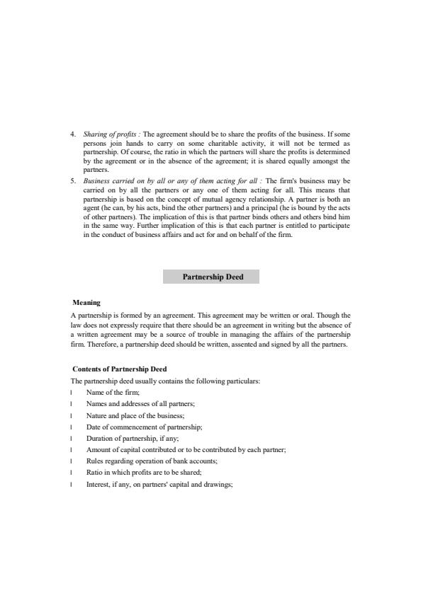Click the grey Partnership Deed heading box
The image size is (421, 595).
tap(211, 277)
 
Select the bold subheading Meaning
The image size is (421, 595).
tap(86, 303)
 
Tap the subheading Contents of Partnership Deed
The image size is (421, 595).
tap(120, 369)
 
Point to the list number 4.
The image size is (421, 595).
tap(73, 134)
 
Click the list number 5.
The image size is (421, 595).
tap(73, 180)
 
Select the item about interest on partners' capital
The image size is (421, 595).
tap(159, 484)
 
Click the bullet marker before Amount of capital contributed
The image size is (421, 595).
tap(72, 450)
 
